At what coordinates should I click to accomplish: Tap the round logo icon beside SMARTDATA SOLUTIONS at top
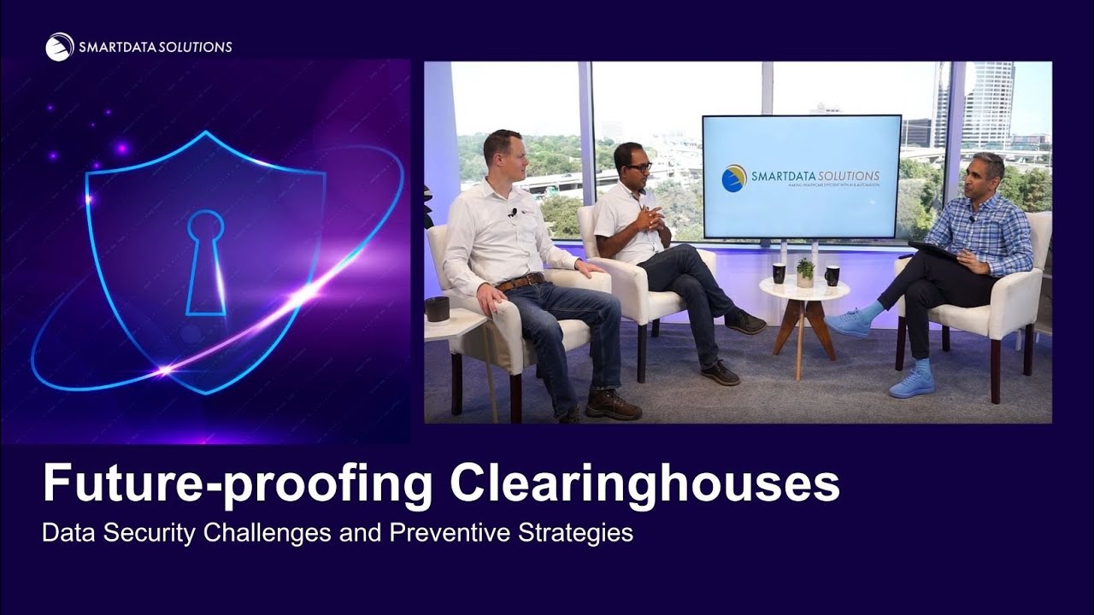tap(60, 47)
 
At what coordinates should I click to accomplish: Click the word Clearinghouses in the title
tap(645, 483)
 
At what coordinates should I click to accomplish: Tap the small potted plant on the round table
tap(805, 272)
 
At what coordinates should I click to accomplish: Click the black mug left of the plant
tap(779, 273)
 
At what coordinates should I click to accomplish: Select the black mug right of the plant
tap(832, 275)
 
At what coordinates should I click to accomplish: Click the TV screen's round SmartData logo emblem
tap(734, 178)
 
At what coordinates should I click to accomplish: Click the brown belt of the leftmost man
tap(521, 282)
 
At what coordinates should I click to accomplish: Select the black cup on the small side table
tap(437, 308)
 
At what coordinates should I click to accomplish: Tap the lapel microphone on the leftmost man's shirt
tap(513, 212)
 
